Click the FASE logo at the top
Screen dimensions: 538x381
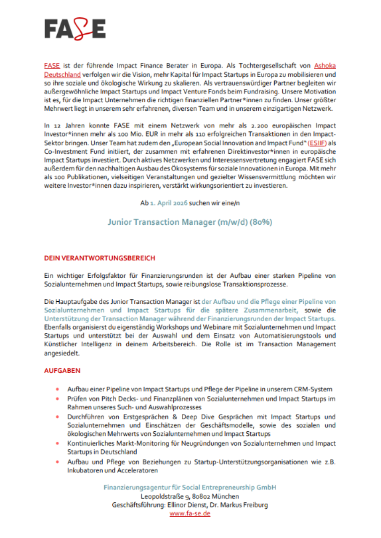coord(75,28)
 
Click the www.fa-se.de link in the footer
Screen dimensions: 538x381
coord(190,513)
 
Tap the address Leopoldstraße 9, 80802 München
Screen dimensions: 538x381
coord(190,496)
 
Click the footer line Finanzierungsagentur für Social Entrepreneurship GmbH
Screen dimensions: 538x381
coord(190,488)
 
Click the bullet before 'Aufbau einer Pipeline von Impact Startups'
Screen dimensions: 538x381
coord(58,388)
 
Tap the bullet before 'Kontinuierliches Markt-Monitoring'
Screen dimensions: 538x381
coord(58,442)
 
